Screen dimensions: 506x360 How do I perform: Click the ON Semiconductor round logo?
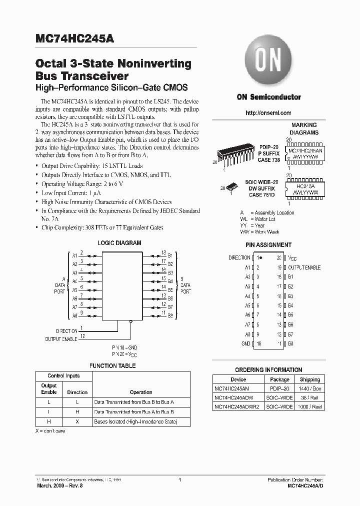coord(268,63)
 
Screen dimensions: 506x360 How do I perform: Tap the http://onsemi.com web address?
coord(268,113)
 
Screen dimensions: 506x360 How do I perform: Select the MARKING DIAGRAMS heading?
coord(304,129)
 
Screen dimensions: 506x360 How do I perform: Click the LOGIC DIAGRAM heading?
coord(119,243)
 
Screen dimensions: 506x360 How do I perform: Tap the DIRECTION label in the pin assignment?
coord(239,257)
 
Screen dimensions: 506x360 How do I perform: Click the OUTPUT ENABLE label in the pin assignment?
coord(304,267)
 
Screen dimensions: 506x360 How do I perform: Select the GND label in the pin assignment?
coord(245,343)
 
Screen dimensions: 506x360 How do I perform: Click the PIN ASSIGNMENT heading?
coord(268,245)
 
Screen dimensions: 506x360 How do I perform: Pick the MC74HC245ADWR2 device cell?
coord(237,407)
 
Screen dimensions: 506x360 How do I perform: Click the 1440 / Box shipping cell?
coord(310,388)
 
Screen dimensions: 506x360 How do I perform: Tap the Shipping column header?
coord(310,379)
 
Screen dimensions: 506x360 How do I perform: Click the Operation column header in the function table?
coord(141,392)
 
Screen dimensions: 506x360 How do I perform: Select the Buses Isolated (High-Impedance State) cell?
coord(135,421)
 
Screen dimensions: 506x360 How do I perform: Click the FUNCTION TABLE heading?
coord(112,366)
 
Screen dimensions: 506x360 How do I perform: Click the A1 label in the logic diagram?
coord(74,255)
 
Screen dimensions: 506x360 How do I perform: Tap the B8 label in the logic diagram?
coord(170,316)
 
